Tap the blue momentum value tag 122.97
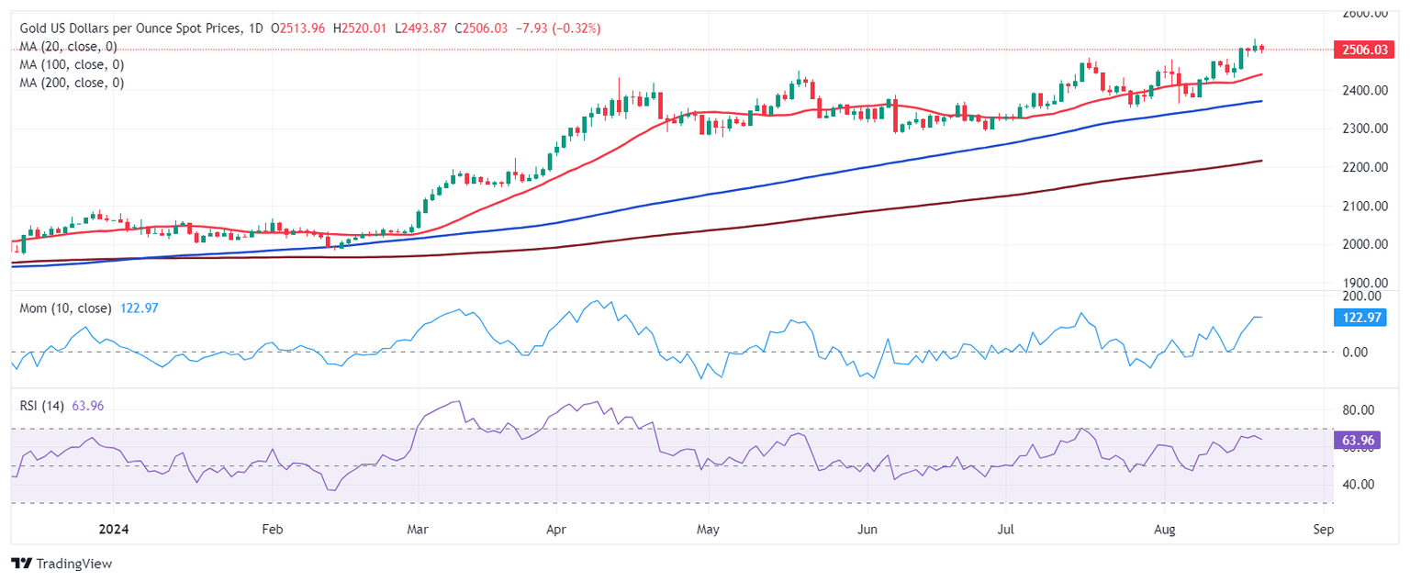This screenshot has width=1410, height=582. coord(1359,318)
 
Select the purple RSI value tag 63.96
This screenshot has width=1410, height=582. coord(1359,442)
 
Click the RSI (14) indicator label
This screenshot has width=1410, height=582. coord(42,406)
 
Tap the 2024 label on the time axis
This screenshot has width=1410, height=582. coord(114,530)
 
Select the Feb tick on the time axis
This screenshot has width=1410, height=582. coord(272,530)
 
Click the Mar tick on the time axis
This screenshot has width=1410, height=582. coord(418,530)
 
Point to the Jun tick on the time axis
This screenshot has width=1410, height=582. coord(866,530)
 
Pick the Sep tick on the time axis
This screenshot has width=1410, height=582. coord(1322,530)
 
